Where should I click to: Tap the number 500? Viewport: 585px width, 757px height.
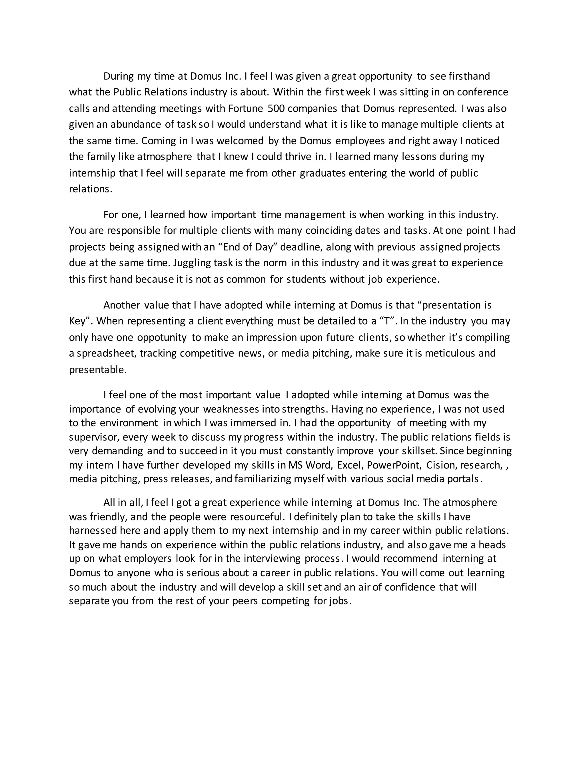click(276, 109)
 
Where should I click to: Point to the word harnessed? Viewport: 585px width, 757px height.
click(93, 531)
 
